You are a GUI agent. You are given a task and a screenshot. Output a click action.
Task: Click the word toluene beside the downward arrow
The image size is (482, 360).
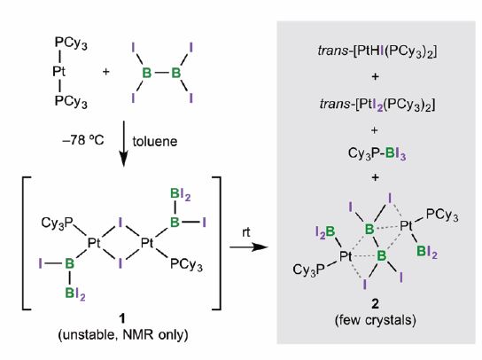pos(155,141)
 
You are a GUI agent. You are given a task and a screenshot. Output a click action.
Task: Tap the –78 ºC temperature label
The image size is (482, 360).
pos(83,140)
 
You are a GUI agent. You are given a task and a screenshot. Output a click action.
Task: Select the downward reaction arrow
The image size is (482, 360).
pos(123,144)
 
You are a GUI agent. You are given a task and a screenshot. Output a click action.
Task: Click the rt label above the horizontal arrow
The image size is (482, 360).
pos(246,232)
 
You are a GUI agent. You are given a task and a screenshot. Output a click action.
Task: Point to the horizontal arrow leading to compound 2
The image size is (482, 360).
pos(249,247)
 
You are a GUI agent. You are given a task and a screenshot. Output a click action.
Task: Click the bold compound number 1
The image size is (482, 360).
pos(122,318)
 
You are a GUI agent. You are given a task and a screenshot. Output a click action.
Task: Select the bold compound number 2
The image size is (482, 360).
pos(375,304)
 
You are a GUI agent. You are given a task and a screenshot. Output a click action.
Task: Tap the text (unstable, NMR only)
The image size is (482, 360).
pos(123,334)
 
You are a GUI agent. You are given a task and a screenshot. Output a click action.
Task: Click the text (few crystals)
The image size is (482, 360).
pos(376,320)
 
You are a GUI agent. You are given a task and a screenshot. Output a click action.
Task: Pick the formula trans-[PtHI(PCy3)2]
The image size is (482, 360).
pos(377,51)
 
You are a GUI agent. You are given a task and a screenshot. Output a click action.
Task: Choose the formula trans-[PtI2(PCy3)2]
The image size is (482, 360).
pos(377,105)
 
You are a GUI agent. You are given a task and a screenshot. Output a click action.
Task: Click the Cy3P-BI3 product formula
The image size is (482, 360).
pos(377,154)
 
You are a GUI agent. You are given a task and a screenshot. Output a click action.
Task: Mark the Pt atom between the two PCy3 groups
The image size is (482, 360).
pos(58,72)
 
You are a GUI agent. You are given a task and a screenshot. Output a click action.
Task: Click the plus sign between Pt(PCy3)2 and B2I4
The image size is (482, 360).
pos(105,72)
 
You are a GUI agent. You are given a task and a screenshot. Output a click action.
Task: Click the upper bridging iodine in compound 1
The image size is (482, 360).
pos(120,223)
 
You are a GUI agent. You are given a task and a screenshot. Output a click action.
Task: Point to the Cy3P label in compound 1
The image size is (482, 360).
pos(57,223)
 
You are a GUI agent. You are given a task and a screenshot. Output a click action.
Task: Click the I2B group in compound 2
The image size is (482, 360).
pos(325,232)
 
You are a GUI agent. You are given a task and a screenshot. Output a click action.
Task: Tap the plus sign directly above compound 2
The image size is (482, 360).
pos(375,177)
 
